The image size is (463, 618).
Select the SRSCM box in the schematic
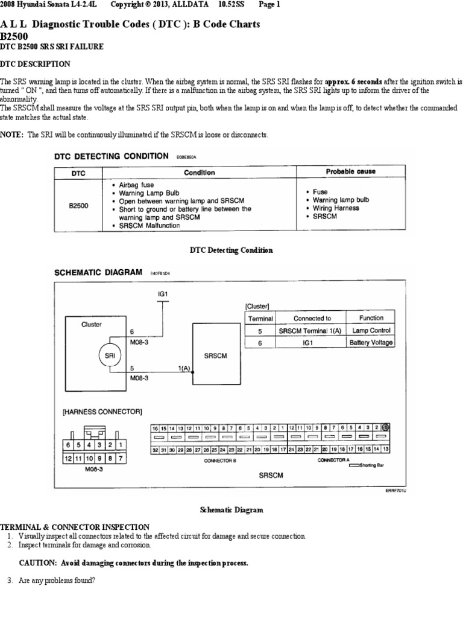click(x=215, y=356)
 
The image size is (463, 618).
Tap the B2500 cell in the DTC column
click(x=78, y=205)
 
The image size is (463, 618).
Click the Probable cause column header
click(x=350, y=171)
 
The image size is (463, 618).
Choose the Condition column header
click(x=200, y=172)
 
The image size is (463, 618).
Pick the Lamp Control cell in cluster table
click(x=371, y=331)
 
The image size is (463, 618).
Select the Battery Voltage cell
click(x=371, y=343)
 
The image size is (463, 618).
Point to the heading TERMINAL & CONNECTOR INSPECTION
click(x=75, y=527)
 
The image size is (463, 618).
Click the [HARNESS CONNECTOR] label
click(x=102, y=412)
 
